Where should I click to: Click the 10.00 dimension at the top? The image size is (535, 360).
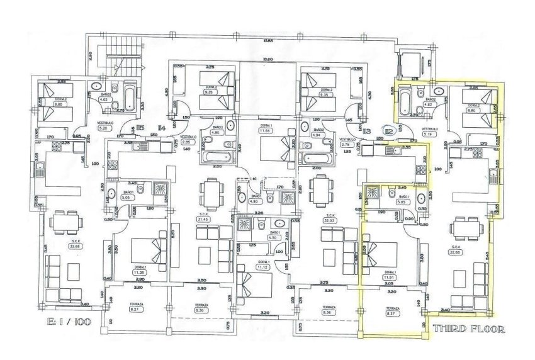click(267, 60)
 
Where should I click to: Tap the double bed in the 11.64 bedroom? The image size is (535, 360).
click(280, 150)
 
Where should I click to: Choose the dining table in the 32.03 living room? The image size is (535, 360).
click(321, 190)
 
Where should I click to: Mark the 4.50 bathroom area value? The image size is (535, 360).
click(273, 238)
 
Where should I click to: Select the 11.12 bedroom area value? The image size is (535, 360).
click(263, 267)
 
